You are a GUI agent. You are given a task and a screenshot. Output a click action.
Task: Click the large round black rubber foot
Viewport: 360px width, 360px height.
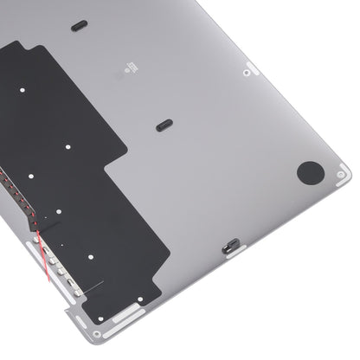[x=309, y=172]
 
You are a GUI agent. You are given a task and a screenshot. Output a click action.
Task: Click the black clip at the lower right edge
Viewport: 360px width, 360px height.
[x=232, y=245]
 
